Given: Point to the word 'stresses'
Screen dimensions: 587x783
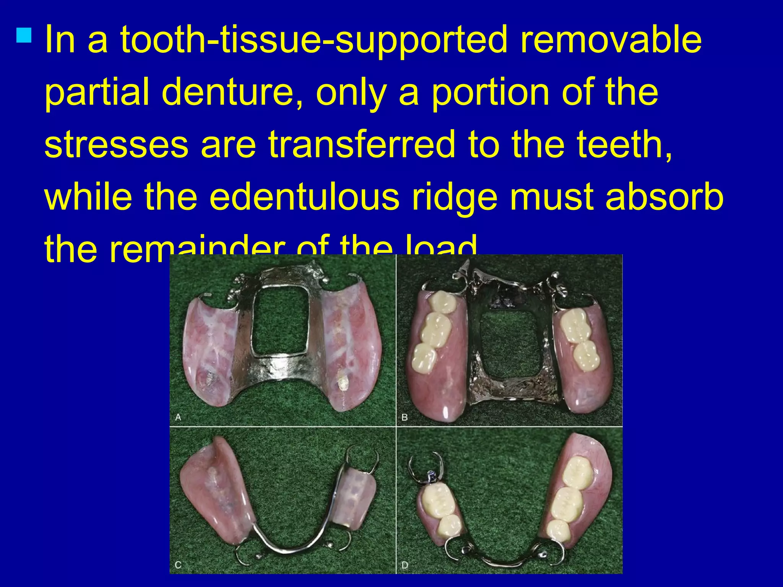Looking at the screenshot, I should tap(116, 144).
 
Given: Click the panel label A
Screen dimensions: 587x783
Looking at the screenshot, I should tap(178, 417).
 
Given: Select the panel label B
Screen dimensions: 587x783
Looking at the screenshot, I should tap(405, 417).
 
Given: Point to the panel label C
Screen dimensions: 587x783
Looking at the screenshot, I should tap(178, 564).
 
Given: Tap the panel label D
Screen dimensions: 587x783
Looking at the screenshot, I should tap(405, 564).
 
